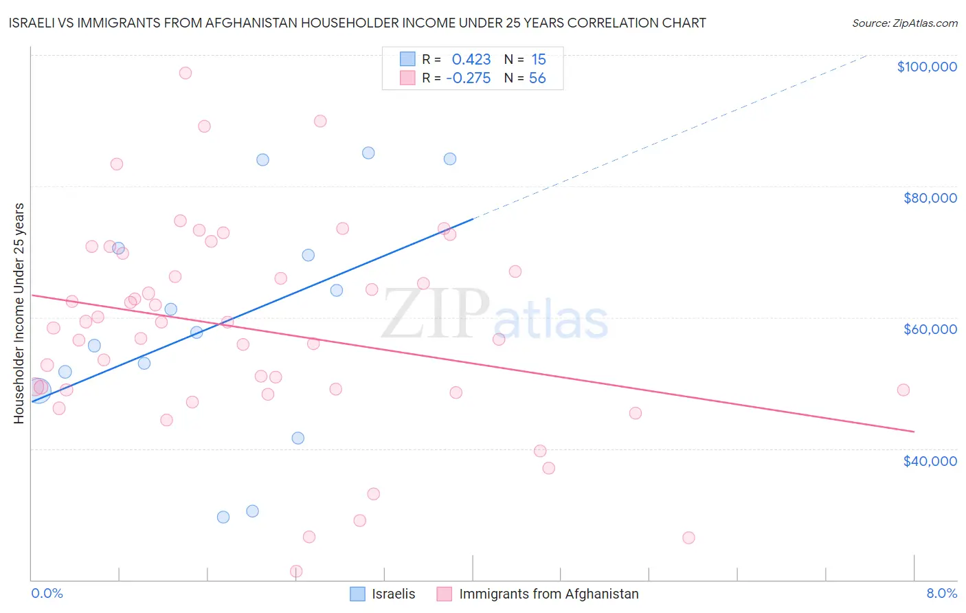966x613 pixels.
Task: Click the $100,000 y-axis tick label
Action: tap(926, 67)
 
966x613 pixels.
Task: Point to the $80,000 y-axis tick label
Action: tap(930, 198)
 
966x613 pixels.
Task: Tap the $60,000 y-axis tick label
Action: tap(930, 329)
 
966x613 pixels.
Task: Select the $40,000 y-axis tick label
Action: tap(930, 461)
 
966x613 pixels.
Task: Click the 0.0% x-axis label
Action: tap(47, 594)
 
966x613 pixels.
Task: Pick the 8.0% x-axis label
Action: tap(941, 594)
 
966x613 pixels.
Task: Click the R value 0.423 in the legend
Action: tap(471, 60)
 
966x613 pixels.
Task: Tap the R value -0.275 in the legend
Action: tap(468, 78)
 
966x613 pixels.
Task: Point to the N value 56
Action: tap(537, 78)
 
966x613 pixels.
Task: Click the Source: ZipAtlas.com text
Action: tap(904, 23)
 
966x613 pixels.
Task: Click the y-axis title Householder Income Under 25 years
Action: tap(19, 313)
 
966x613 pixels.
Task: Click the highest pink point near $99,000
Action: tap(185, 73)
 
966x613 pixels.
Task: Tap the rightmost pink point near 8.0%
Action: tap(903, 390)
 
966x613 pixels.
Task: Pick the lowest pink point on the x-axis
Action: tap(296, 571)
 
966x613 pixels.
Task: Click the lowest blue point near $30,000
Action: tap(223, 517)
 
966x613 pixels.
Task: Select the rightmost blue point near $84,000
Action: tap(450, 159)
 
